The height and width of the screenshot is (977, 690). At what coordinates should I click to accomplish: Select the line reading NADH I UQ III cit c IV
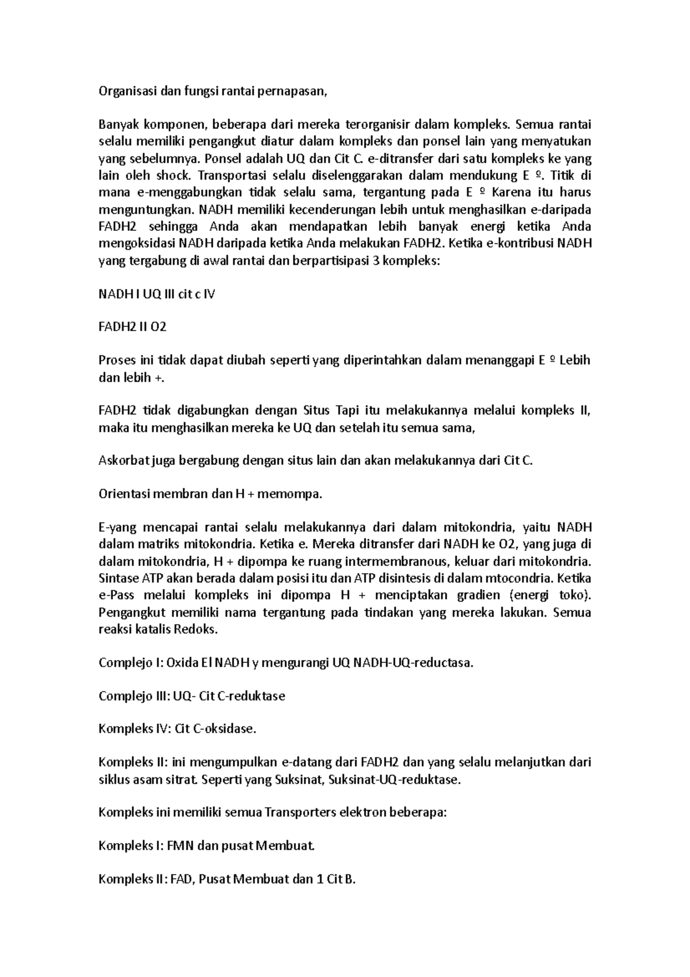[x=157, y=294]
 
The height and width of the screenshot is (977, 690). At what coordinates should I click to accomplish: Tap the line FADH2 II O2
[x=132, y=327]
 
